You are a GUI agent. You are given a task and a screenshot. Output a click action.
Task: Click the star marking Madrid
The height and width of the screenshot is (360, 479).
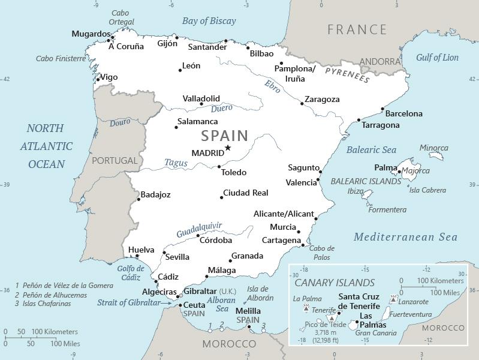coord(228,148)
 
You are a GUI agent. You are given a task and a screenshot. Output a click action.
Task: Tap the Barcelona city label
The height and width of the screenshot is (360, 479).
coord(403,113)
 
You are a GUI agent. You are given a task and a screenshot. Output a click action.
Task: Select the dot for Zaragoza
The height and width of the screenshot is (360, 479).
coord(302,104)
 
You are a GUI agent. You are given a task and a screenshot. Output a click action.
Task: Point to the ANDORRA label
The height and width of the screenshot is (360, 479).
coord(380,62)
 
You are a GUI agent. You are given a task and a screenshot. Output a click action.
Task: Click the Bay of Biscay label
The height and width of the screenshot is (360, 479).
coord(209,21)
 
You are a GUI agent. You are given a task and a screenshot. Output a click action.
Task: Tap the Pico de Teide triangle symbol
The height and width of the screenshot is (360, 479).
coord(331,318)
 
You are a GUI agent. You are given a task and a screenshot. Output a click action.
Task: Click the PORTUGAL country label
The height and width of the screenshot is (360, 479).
coord(115,161)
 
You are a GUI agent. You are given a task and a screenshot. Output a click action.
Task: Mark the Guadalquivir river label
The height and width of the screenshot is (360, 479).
coord(199,230)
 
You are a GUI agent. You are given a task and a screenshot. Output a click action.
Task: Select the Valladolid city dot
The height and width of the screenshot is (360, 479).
coord(201,104)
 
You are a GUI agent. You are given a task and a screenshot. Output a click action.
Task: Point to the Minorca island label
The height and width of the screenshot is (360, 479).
coord(433,148)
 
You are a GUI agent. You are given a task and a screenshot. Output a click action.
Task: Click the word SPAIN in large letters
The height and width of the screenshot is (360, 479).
coord(225,135)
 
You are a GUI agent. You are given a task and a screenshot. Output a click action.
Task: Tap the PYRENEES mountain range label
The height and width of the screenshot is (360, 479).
coord(347,74)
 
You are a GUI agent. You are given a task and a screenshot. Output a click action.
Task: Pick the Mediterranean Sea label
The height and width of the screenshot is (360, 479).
coord(405,238)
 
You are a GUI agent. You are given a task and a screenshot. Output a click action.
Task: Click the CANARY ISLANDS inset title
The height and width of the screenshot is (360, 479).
coord(335,283)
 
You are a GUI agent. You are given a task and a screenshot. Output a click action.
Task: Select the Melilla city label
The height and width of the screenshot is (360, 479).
coord(248,311)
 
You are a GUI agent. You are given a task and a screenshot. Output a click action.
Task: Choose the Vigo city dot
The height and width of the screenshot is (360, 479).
coord(98,79)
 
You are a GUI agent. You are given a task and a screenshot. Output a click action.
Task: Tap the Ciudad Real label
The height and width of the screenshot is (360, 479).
coord(245,193)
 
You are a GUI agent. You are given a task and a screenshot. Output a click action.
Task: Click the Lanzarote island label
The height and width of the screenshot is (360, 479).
coord(414,302)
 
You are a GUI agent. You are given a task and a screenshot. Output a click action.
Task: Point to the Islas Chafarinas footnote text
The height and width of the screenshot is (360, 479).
coord(47,304)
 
